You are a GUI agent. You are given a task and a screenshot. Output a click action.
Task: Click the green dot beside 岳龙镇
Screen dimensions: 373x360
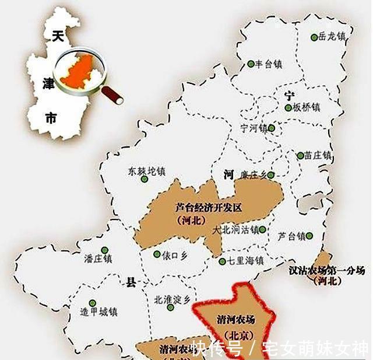tap(314, 37)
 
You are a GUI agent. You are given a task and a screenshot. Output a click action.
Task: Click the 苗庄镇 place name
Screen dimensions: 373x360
tap(318, 156)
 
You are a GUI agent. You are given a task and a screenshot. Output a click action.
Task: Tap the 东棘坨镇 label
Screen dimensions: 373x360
tap(146, 172)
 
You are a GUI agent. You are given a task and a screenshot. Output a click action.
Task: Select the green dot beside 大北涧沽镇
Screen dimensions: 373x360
tap(263, 230)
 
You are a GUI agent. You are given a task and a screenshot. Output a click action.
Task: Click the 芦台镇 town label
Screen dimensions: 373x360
tap(291, 236)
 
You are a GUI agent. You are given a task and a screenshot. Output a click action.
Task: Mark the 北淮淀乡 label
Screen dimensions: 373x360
tap(171, 299)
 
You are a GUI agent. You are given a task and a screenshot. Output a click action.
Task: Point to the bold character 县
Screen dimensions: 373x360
tap(131, 283)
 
